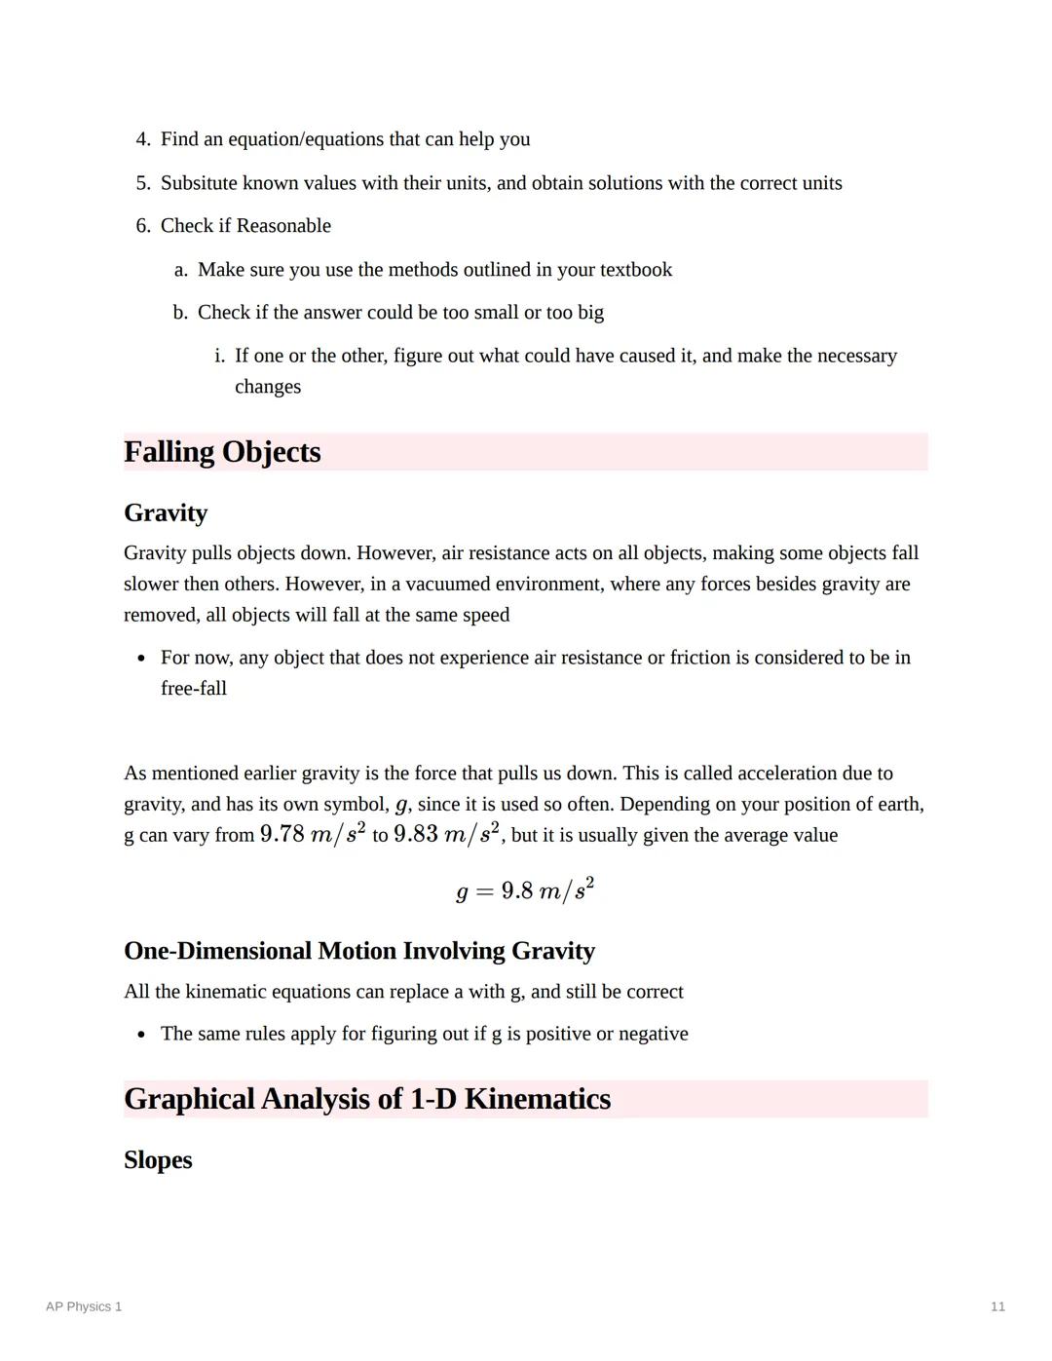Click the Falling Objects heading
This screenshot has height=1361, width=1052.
[x=222, y=452]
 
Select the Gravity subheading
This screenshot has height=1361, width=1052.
[x=166, y=513]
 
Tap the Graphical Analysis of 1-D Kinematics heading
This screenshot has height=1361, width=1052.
[x=367, y=1099]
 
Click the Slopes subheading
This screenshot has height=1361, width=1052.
[x=158, y=1160]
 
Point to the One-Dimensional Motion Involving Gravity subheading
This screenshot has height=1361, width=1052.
[x=359, y=951]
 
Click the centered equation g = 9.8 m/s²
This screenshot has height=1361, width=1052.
[x=525, y=890]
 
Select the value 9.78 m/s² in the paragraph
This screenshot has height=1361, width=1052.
[x=313, y=834]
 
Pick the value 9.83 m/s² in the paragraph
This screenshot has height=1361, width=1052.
[x=446, y=834]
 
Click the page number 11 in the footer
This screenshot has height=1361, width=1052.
[x=997, y=1306]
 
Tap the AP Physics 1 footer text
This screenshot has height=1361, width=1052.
[x=84, y=1306]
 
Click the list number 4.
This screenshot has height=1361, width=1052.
[x=143, y=139]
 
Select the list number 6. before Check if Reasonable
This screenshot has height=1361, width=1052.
[x=143, y=226]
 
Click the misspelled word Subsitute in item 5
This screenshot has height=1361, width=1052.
[x=200, y=183]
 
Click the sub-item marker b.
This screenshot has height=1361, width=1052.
[x=180, y=313]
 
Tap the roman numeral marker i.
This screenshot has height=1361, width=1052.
[x=219, y=356]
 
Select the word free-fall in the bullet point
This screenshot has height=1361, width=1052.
[x=194, y=689]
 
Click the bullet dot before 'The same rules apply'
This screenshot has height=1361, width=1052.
[x=142, y=1035]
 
